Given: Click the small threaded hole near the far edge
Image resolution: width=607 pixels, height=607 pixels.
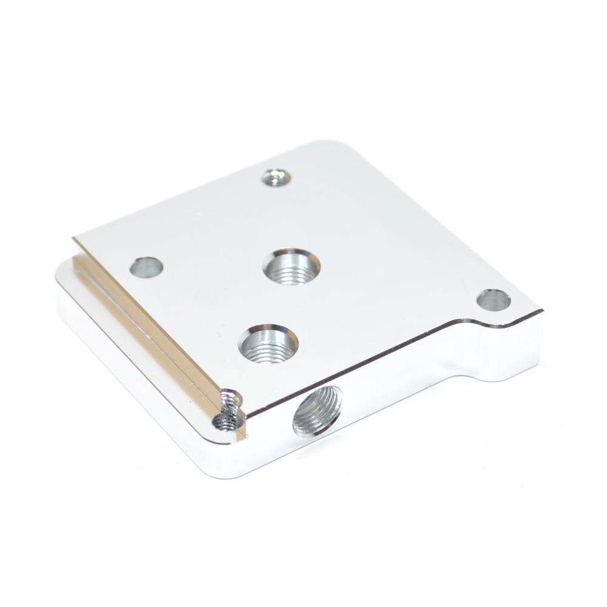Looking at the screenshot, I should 276,178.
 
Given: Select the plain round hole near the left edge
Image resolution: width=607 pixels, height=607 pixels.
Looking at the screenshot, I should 147,267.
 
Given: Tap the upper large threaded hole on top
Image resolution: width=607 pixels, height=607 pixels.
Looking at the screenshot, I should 292,266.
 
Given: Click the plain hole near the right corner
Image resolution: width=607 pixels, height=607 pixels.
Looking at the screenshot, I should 493,300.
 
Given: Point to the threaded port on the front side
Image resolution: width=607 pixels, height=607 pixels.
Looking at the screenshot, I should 317,412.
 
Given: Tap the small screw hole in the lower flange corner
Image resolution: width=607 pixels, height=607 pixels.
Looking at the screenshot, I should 227,421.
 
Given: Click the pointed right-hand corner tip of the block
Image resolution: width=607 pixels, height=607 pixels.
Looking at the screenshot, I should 541,311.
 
